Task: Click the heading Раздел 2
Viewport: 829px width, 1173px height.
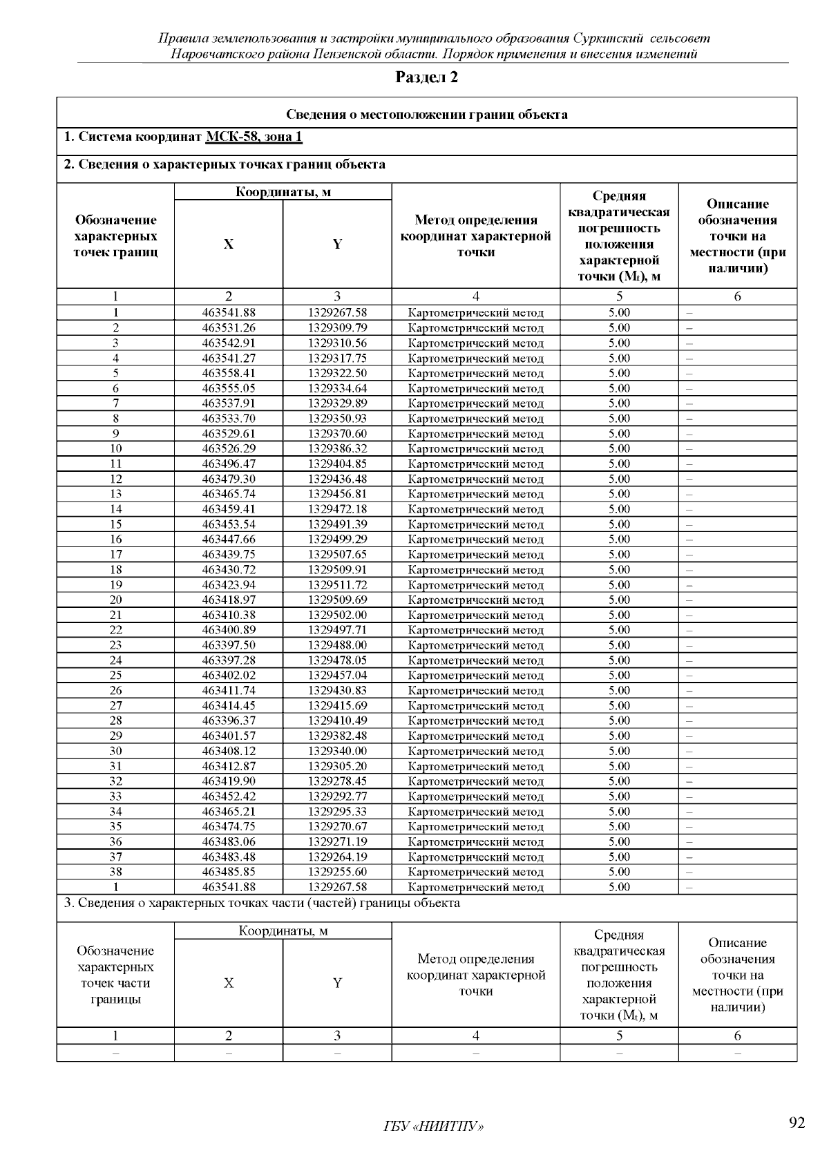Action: (x=426, y=77)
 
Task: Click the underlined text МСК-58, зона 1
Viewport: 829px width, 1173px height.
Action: (x=254, y=137)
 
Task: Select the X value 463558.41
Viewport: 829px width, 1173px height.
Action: (x=229, y=373)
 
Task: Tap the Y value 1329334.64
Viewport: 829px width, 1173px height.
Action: (x=337, y=388)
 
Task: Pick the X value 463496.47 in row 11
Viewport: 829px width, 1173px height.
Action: (x=229, y=464)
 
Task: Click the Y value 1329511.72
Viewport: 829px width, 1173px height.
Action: (x=337, y=585)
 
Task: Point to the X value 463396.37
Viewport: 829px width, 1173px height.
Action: (x=229, y=721)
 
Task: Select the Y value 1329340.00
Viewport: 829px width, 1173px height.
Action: (x=337, y=752)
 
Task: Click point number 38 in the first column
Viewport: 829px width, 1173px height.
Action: (x=115, y=872)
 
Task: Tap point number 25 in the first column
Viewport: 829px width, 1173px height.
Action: (x=115, y=676)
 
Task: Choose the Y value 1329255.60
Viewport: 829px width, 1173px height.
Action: (x=337, y=872)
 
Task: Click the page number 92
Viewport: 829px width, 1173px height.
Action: (x=797, y=1123)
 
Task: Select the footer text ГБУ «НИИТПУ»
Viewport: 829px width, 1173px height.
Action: (x=433, y=1127)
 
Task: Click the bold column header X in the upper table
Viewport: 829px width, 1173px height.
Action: (x=229, y=245)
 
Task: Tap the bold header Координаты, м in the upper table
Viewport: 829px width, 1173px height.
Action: (x=283, y=192)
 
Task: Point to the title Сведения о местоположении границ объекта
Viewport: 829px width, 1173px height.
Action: (x=426, y=115)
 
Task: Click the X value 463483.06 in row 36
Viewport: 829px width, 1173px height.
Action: (x=229, y=842)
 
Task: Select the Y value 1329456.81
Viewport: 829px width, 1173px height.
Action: (x=337, y=494)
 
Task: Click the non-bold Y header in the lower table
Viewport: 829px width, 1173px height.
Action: (x=337, y=983)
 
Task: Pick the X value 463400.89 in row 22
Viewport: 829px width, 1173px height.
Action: (x=229, y=630)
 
